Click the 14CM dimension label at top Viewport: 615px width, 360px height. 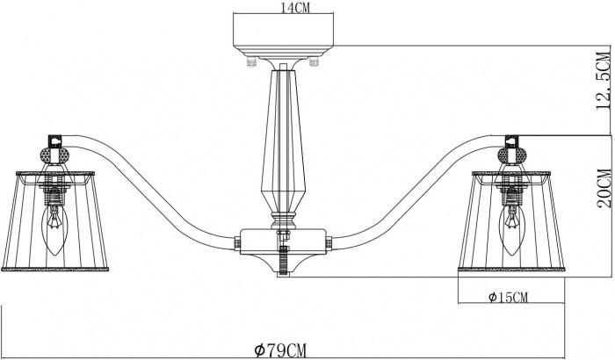(x=283, y=8)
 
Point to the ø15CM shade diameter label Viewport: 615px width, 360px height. (x=507, y=296)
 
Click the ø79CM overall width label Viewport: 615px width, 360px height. (x=281, y=349)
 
